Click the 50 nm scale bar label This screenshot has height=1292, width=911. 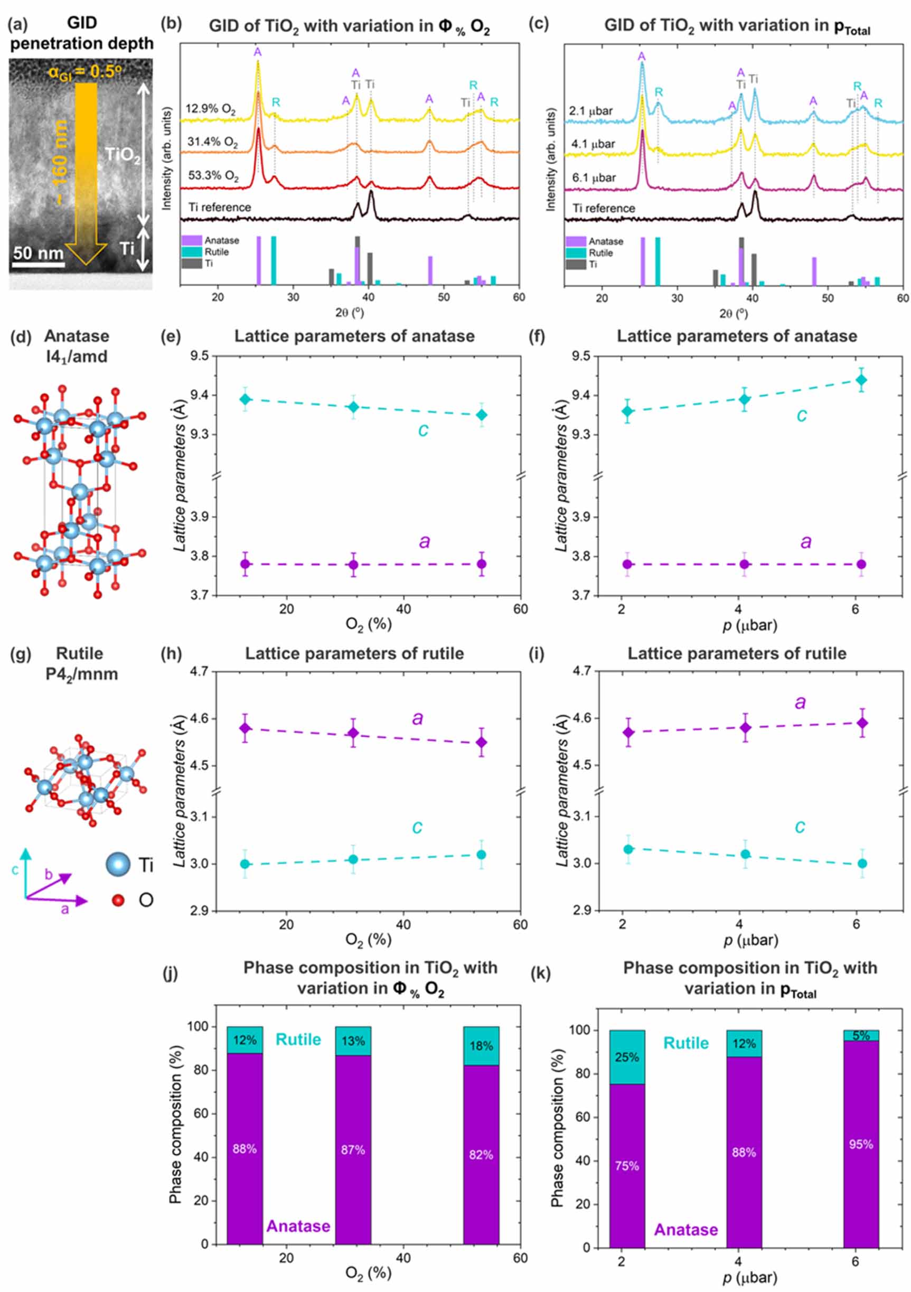pyautogui.click(x=38, y=252)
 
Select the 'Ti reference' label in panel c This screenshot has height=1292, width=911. pyautogui.click(x=603, y=208)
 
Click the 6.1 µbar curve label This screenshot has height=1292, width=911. pyautogui.click(x=593, y=178)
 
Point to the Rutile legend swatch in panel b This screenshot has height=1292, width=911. pyautogui.click(x=191, y=252)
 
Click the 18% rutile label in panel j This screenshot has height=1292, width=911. pyautogui.click(x=481, y=1045)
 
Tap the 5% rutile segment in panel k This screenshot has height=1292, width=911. pyautogui.click(x=860, y=1035)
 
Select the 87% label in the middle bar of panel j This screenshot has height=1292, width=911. pyautogui.click(x=353, y=1149)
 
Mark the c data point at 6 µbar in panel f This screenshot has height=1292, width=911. pyautogui.click(x=860, y=380)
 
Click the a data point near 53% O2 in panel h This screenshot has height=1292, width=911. pyautogui.click(x=481, y=742)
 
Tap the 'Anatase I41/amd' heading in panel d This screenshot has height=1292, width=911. pyautogui.click(x=77, y=346)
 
